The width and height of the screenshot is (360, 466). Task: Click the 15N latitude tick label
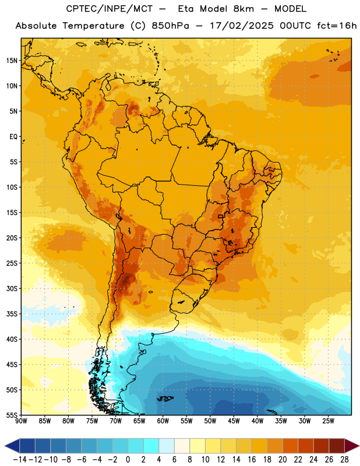point(12,61)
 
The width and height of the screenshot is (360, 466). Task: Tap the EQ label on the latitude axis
point(13,137)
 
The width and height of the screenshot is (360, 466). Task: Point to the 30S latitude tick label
point(12,288)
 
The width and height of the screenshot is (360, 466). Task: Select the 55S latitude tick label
point(12,415)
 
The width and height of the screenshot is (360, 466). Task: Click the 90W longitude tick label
point(22,421)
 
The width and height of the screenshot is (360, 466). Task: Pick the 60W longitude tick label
point(163,421)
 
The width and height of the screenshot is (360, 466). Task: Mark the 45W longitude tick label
point(234,421)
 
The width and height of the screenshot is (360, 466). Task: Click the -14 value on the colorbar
point(20,460)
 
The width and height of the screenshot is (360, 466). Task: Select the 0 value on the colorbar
point(128,460)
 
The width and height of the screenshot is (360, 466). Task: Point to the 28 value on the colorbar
point(344,460)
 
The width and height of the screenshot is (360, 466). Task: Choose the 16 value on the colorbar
point(252,460)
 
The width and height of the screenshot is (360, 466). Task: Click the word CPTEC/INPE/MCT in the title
point(110,9)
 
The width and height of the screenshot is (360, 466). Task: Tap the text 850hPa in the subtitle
point(170,26)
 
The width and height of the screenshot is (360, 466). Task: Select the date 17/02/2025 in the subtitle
point(242,26)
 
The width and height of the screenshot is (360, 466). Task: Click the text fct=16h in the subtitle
point(337,26)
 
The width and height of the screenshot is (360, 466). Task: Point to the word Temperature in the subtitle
point(93,26)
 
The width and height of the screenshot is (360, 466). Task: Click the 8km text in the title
point(243,9)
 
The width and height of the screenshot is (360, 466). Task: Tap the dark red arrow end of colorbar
point(352,446)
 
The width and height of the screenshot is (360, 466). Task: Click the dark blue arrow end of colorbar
point(12,446)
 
